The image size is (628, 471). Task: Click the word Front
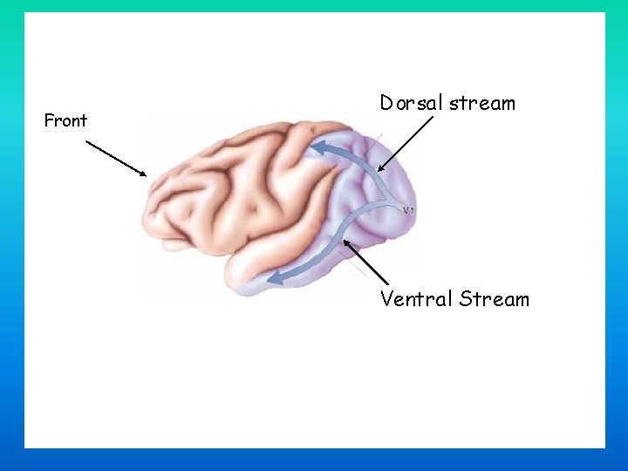pos(65,120)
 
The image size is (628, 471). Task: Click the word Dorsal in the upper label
pos(412,103)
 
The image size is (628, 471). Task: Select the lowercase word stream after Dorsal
pos(482,103)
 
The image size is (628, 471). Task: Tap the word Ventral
pos(417,299)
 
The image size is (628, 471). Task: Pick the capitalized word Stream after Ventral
pos(495,299)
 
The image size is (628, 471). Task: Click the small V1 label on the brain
pos(407,210)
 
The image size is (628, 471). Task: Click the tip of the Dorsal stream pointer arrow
pos(379,171)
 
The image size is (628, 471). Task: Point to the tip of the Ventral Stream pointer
pos(343,242)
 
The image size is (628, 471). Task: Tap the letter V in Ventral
pos(387,299)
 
